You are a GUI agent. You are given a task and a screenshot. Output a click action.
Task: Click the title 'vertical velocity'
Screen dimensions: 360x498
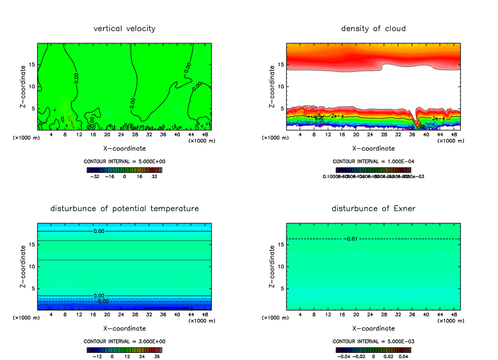124,29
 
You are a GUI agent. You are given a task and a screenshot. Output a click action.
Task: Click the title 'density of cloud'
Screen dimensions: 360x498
373,29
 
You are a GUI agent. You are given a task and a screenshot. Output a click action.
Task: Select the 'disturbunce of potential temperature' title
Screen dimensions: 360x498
124,208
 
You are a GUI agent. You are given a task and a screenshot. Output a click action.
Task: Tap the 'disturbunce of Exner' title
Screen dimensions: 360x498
373,208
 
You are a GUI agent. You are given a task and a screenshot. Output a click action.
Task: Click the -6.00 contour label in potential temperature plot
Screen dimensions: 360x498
103,301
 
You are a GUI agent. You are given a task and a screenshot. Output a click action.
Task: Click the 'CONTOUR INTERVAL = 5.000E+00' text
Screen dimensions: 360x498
124,161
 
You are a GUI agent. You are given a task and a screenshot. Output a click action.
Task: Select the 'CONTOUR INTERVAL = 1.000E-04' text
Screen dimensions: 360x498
373,161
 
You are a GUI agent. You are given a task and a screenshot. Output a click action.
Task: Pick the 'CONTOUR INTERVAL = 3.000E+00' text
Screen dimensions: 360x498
124,341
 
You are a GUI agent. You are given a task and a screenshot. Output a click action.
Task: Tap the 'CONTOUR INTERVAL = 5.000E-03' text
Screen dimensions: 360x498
373,341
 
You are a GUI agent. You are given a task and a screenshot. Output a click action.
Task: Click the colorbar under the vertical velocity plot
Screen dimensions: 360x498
124,170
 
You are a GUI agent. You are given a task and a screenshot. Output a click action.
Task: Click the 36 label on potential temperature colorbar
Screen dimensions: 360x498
157,356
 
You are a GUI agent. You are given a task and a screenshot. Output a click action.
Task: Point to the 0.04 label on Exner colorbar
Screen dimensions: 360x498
404,356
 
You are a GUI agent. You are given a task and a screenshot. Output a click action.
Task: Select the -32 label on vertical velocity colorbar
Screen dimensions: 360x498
95,176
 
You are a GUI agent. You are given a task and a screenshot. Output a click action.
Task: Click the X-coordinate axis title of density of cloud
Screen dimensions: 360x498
373,148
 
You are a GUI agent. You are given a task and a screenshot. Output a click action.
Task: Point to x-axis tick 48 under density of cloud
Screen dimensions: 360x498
454,134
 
